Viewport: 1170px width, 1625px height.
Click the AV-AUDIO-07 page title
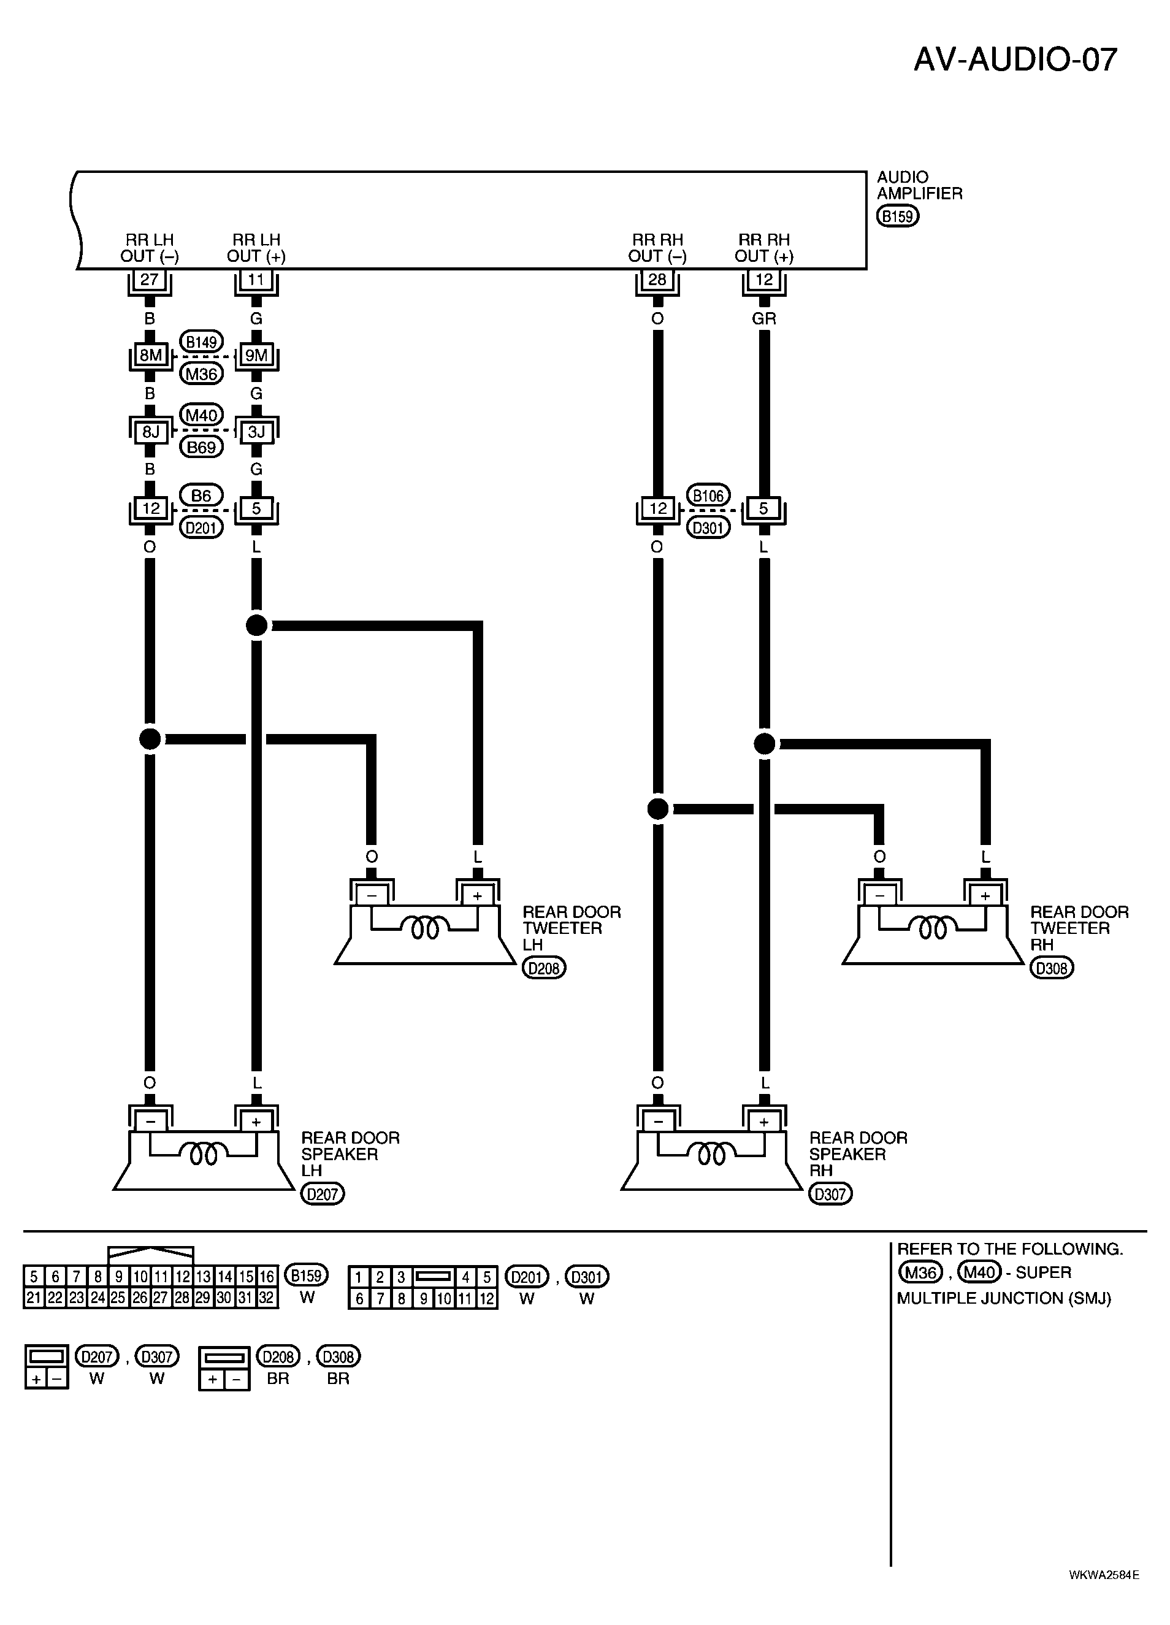pos(1015,59)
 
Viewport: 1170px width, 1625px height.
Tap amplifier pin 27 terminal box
pos(150,280)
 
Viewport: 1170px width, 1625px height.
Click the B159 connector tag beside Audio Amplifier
pos(898,216)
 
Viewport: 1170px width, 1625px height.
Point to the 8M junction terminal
pos(150,356)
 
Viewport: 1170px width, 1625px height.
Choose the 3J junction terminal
pos(256,431)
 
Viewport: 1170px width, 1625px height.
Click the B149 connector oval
pos(201,342)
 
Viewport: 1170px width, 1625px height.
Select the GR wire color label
pos(764,318)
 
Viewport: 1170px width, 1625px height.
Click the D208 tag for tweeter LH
pos(544,968)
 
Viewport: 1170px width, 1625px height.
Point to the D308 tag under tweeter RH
pos(1052,968)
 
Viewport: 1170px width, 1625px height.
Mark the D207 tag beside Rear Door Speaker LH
pos(323,1194)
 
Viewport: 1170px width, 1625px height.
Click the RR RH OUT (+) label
pos(764,248)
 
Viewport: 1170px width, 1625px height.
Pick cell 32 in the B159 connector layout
pos(267,1298)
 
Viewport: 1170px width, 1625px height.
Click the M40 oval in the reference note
pos(979,1272)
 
